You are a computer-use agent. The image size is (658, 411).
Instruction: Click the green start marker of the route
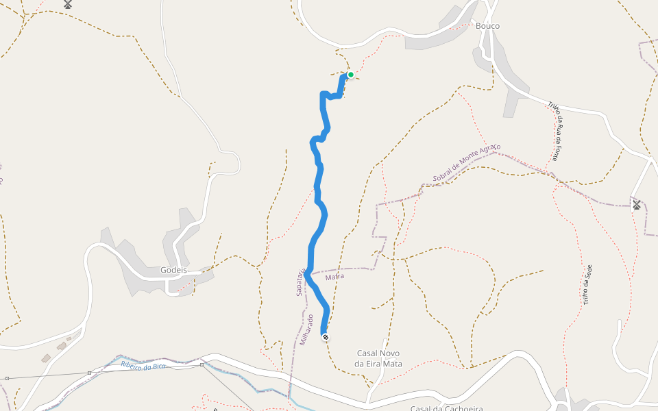coord(350,75)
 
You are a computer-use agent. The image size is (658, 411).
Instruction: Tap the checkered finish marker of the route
coord(325,337)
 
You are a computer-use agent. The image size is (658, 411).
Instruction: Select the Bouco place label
coord(487,26)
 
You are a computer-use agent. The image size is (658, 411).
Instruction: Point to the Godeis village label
coord(173,270)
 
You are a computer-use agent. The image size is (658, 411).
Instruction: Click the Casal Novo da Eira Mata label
coord(379,358)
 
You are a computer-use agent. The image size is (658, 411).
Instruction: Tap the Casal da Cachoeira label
coord(446,408)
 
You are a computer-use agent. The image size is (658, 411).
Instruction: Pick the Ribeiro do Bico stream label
coord(143,366)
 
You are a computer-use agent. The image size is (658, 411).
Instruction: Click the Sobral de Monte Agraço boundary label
coord(467,164)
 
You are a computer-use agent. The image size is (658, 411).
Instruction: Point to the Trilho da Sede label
coord(587,284)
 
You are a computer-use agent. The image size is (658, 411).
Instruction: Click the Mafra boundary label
coord(334,277)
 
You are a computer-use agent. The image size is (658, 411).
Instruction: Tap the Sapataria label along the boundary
coord(300,282)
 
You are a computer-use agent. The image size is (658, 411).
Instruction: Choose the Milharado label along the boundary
coord(306,329)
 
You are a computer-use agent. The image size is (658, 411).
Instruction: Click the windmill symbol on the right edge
coord(636,204)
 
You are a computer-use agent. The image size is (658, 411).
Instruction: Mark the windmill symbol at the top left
coord(68,4)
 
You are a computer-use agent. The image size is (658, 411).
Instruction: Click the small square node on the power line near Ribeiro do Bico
coord(90,373)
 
